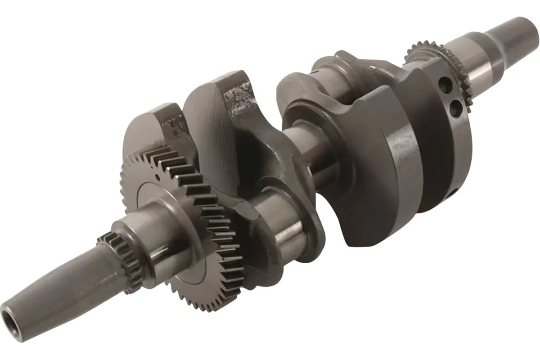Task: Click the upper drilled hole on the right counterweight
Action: [446, 84]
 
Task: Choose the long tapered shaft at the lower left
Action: [54, 288]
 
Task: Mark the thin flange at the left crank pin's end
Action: [315, 225]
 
